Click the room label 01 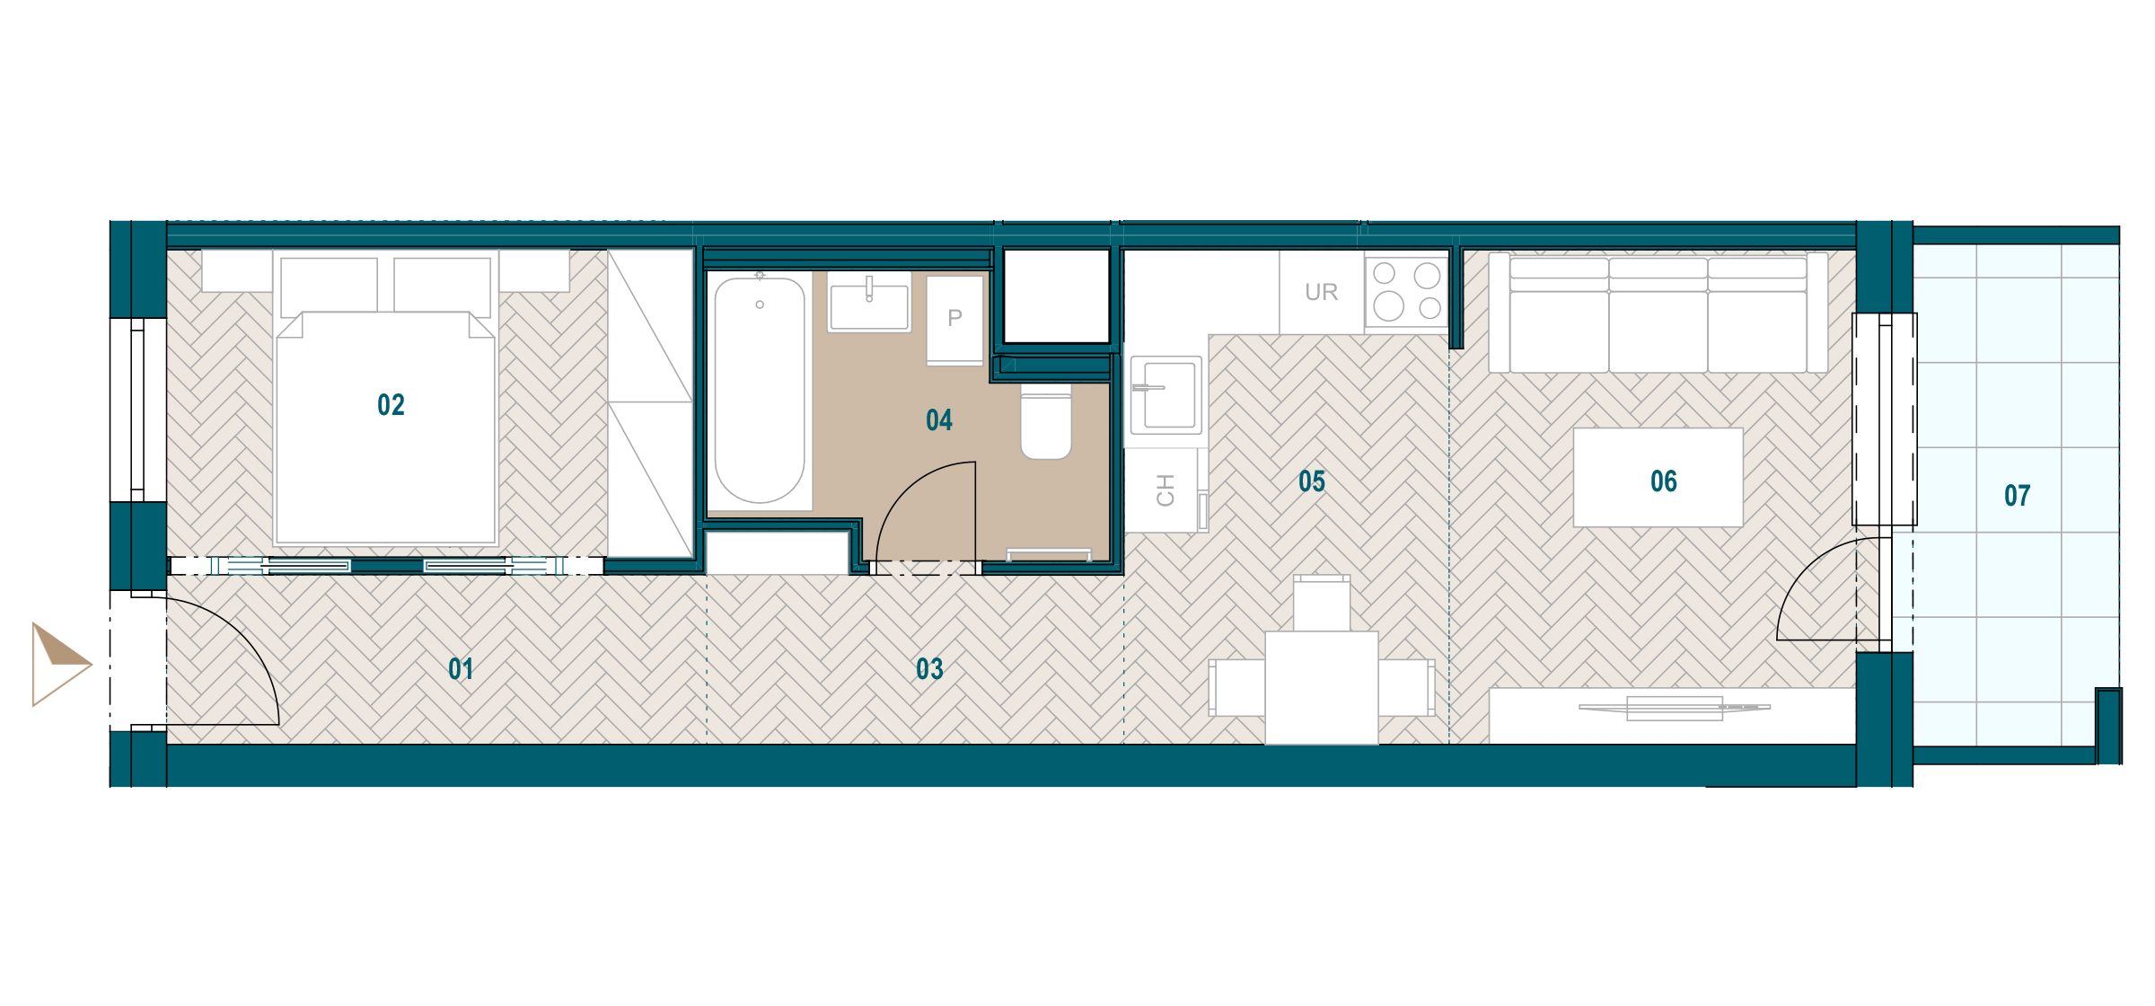tap(461, 669)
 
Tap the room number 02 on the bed tap(391, 405)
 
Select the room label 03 tap(929, 669)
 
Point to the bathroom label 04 tap(939, 420)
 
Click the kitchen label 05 tap(1312, 481)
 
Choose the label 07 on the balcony tap(2018, 496)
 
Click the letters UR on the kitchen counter tap(1322, 292)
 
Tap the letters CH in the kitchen tap(1165, 490)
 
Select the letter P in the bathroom tap(954, 318)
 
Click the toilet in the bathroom tap(1046, 422)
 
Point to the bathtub tap(760, 391)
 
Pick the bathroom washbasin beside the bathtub tap(869, 303)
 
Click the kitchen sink tap(1165, 395)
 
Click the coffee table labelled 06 tap(1658, 477)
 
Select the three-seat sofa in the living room tap(1658, 313)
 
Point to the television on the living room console tap(1675, 708)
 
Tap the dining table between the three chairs tap(1322, 688)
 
